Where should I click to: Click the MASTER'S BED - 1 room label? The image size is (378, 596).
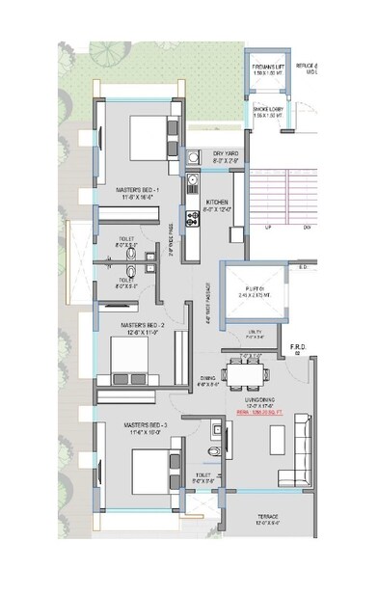coord(136,190)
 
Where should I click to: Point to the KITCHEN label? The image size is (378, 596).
coord(219,202)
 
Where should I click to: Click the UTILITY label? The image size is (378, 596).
coord(255,334)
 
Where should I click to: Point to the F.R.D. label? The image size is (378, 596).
coord(298,345)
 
